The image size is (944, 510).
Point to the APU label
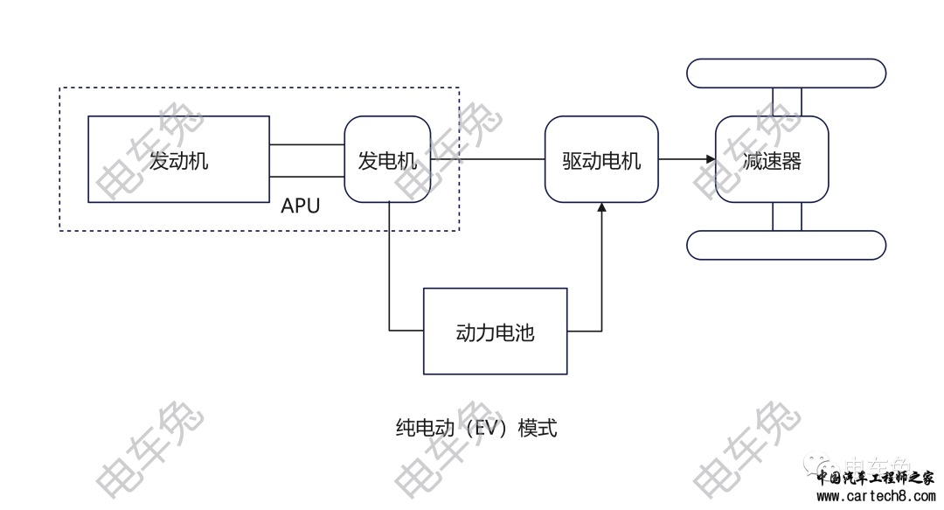point(301,206)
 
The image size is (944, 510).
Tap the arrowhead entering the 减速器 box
point(711,159)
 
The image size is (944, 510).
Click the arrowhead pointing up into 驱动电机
point(601,207)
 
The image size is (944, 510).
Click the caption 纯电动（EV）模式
point(476,428)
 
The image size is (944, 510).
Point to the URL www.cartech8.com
point(876,497)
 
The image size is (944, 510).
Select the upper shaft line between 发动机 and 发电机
point(307,144)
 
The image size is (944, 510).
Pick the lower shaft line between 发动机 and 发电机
point(307,177)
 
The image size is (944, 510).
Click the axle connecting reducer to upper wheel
point(787,101)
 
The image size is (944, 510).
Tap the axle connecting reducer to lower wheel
point(787,216)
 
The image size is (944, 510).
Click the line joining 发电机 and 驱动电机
point(488,159)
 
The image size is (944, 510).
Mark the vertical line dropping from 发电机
point(389,267)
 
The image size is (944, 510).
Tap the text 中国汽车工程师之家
point(875,478)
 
